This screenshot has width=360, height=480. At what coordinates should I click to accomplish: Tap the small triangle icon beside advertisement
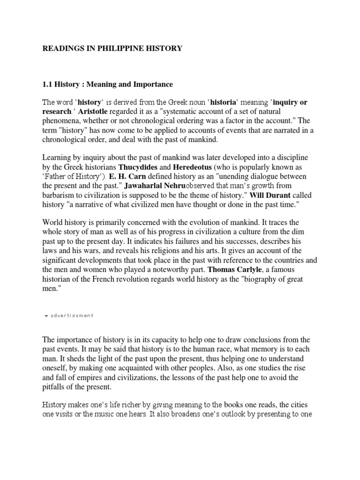click(x=46, y=316)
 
